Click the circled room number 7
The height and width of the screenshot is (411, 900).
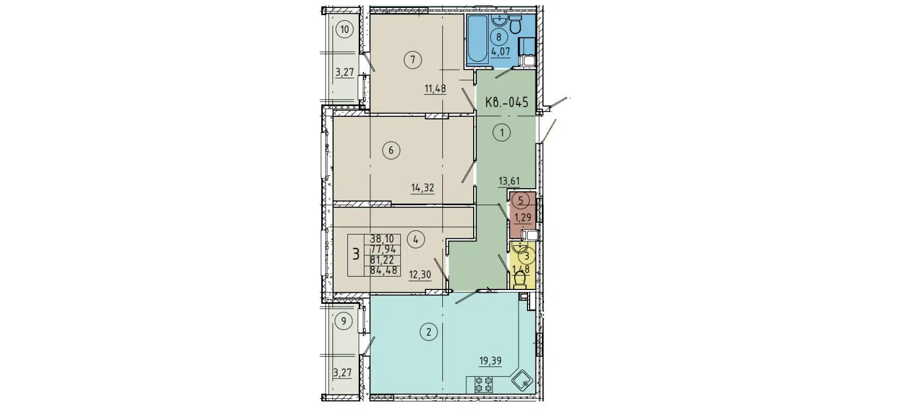pyautogui.click(x=412, y=60)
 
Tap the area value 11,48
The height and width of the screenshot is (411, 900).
pyautogui.click(x=435, y=88)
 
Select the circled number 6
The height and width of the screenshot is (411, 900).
pyautogui.click(x=391, y=150)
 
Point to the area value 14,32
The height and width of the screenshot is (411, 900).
pyautogui.click(x=422, y=188)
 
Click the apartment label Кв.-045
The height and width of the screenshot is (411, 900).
pyautogui.click(x=507, y=102)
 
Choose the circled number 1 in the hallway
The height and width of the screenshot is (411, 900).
pyautogui.click(x=501, y=132)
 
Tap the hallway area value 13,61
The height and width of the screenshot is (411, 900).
pyautogui.click(x=508, y=181)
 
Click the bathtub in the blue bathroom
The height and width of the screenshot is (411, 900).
pyautogui.click(x=477, y=39)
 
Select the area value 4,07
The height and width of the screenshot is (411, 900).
pyautogui.click(x=500, y=52)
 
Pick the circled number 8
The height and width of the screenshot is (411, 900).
pyautogui.click(x=499, y=37)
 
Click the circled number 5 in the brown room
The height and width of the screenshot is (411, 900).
pyautogui.click(x=521, y=200)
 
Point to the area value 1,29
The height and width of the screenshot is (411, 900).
pyautogui.click(x=523, y=217)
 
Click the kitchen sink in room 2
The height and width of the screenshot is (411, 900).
pyautogui.click(x=523, y=381)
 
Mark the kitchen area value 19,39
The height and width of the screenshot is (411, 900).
pyautogui.click(x=490, y=361)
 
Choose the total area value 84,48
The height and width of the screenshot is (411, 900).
pyautogui.click(x=383, y=270)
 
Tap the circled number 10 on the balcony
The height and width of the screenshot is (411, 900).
pyautogui.click(x=345, y=29)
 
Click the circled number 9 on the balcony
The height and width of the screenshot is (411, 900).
pyautogui.click(x=344, y=321)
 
